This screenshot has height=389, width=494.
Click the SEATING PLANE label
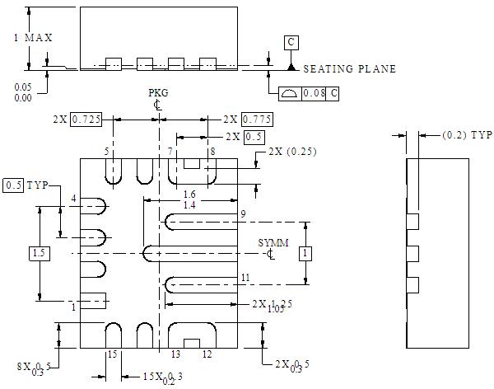[x=350, y=69]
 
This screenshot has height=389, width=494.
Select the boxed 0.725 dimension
[x=86, y=120]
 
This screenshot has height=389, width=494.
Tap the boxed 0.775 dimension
[x=258, y=120]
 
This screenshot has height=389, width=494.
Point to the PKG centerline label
[x=157, y=94]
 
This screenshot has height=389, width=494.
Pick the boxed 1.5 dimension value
[x=40, y=253]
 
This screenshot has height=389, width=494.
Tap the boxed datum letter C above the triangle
[x=291, y=41]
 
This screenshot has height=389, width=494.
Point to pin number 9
[x=244, y=214]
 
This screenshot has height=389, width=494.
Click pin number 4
[x=73, y=199]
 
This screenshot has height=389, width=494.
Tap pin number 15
[x=112, y=354]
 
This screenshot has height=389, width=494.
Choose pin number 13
[x=175, y=354]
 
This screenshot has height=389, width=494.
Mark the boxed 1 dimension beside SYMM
[x=305, y=253]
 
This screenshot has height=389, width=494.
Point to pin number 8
[x=212, y=152]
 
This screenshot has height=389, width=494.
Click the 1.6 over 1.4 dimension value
[x=189, y=199]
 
